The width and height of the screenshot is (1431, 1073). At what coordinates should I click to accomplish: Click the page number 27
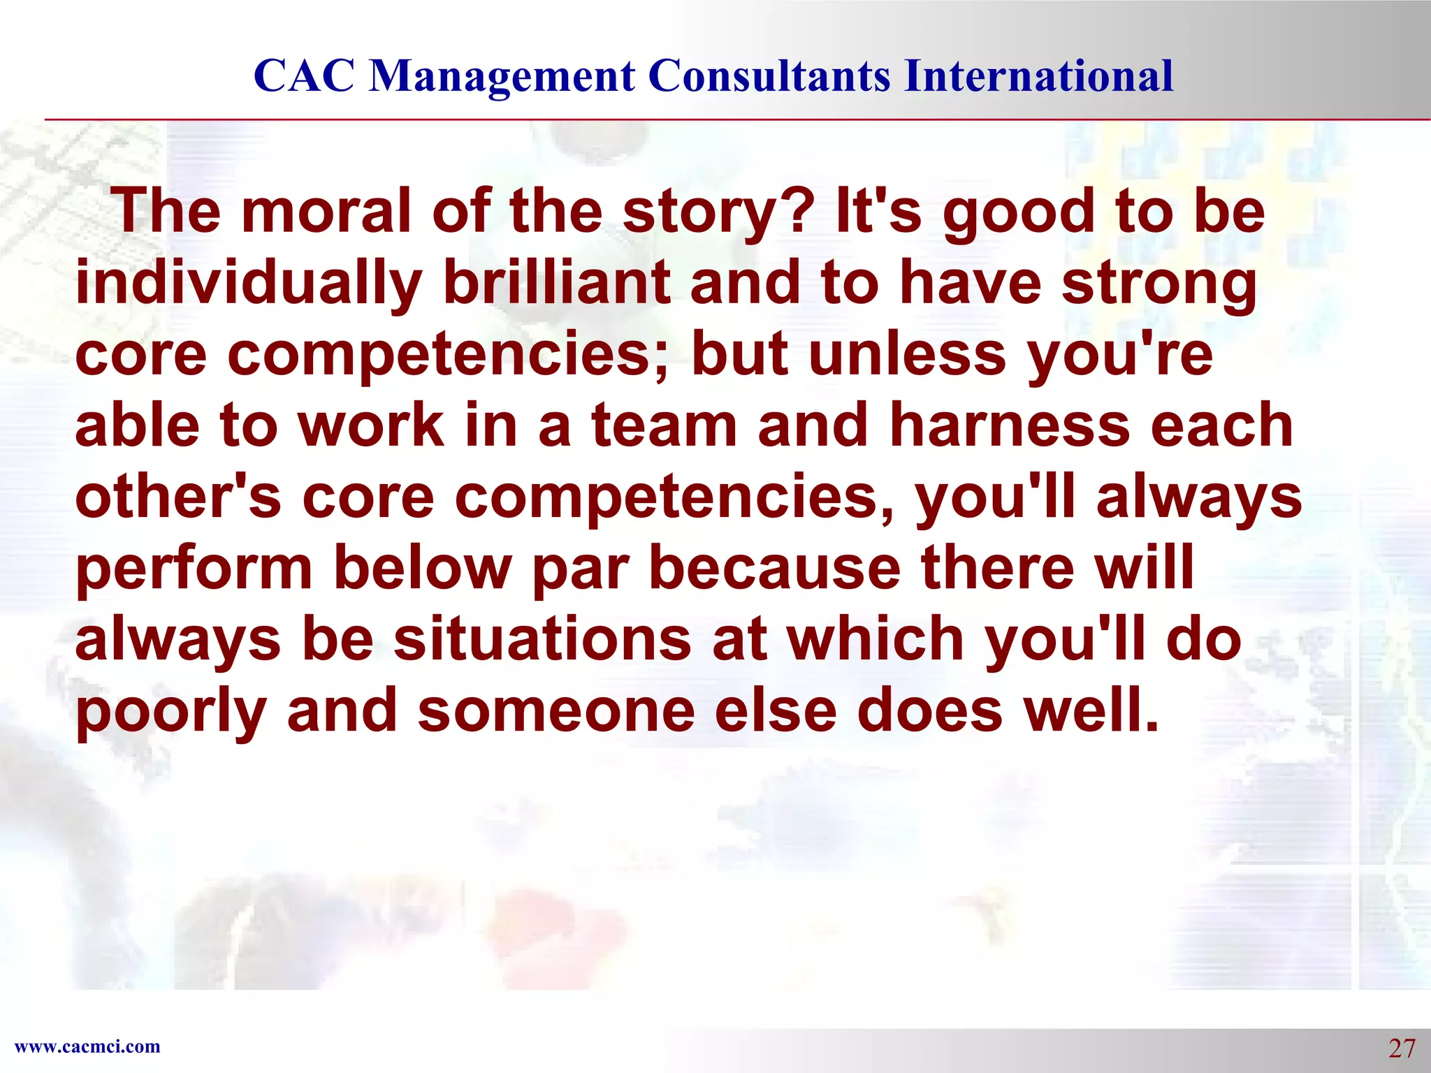[x=1401, y=1049]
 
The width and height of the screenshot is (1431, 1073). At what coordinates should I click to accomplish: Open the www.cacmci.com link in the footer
[x=87, y=1046]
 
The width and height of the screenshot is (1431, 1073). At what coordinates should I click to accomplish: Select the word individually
[x=249, y=284]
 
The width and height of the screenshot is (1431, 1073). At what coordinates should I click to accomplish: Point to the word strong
[x=1159, y=284]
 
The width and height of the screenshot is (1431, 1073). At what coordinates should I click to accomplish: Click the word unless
[x=908, y=354]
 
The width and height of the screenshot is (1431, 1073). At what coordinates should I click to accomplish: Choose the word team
[x=664, y=426]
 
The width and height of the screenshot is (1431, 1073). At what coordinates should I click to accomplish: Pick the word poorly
[x=171, y=713]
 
